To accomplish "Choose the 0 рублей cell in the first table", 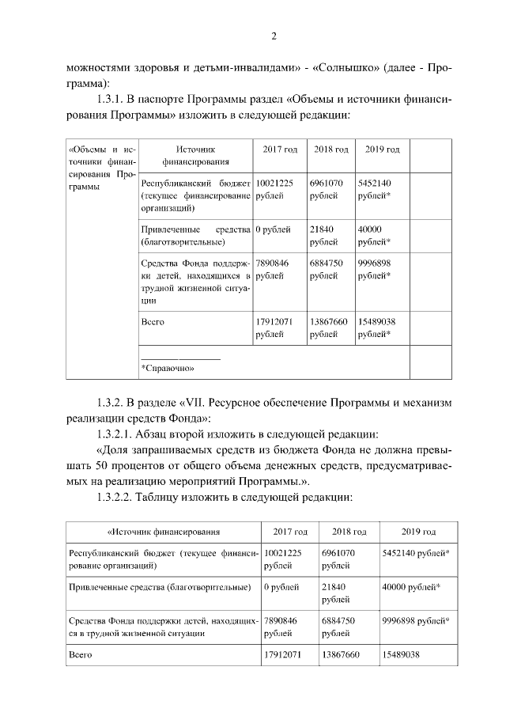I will (x=273, y=229).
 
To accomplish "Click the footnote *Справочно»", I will (x=168, y=367).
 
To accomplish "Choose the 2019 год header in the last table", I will (x=418, y=532).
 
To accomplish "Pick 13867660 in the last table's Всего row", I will (x=341, y=656).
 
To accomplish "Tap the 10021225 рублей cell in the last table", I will (x=282, y=559).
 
